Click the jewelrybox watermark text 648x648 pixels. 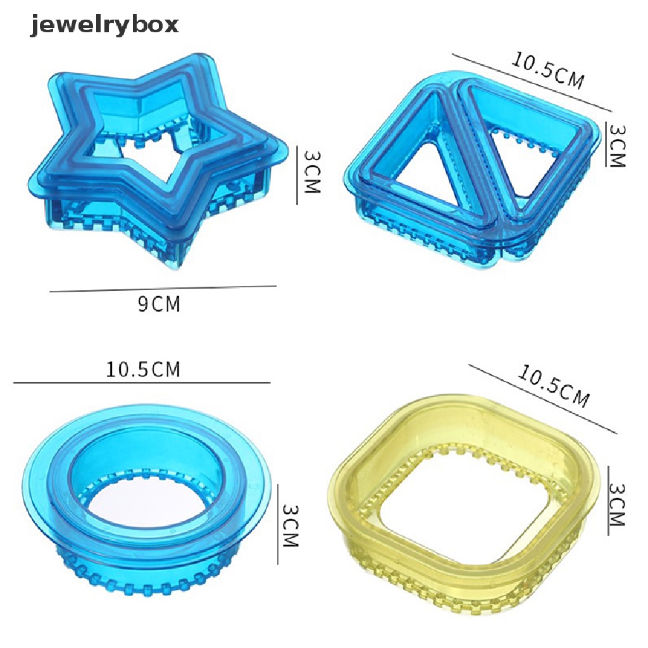104,25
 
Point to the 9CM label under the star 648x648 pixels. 159,304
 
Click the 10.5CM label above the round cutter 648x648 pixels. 143,369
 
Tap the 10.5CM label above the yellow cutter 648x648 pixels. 553,386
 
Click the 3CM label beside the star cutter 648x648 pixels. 312,172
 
